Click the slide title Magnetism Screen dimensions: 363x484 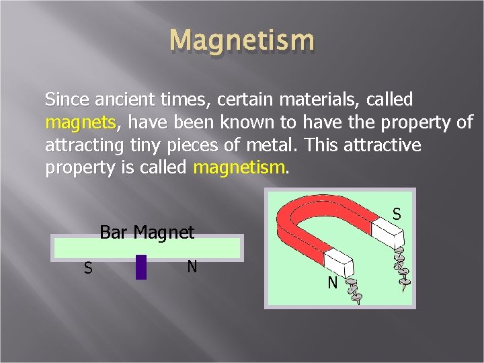coord(242,40)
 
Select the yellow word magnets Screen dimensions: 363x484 coord(80,123)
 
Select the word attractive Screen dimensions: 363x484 coord(385,146)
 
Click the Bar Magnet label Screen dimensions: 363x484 coord(147,233)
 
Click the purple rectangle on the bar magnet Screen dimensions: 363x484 coord(141,266)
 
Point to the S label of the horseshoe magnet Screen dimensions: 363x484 coord(397,214)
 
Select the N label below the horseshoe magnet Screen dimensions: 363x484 coord(332,284)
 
